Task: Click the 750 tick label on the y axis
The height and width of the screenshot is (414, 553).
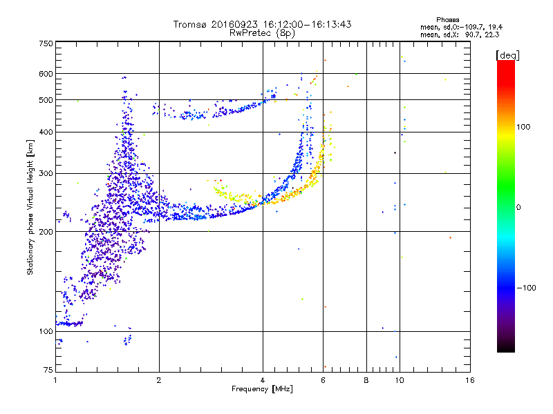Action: (x=46, y=43)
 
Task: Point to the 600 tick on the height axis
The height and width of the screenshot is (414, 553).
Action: (x=46, y=73)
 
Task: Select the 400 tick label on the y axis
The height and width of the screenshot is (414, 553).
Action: (x=46, y=132)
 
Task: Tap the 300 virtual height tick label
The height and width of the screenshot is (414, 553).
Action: (x=46, y=173)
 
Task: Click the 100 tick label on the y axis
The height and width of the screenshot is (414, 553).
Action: (x=46, y=331)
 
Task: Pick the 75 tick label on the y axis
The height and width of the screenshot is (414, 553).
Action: (x=48, y=371)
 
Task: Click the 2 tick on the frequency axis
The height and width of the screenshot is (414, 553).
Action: (x=159, y=379)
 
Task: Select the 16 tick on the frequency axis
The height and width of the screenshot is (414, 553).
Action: (x=469, y=379)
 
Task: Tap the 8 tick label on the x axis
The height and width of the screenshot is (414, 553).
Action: (x=366, y=379)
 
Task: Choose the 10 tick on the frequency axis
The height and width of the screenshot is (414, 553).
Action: (x=399, y=379)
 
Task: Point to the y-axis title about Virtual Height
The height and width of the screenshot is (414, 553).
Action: (x=31, y=207)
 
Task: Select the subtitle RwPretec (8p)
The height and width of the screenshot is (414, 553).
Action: (x=263, y=32)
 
